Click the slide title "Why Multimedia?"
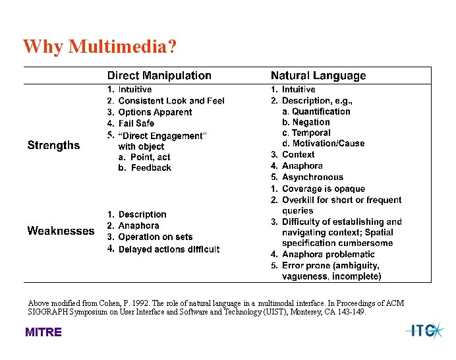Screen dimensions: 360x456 (x=100, y=47)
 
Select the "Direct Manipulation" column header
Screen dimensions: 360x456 (x=159, y=76)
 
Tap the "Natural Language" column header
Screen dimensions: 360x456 (x=318, y=76)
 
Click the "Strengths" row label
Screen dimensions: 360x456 (x=53, y=145)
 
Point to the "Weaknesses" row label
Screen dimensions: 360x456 (x=61, y=231)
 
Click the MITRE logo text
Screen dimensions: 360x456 (x=43, y=332)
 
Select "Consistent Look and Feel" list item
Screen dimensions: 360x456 (x=171, y=101)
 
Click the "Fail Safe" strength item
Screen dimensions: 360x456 (x=136, y=123)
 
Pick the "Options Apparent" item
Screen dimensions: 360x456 (x=155, y=112)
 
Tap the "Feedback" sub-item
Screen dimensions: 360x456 (x=151, y=168)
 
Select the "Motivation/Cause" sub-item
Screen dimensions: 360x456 (x=328, y=143)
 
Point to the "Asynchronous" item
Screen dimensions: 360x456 (x=312, y=177)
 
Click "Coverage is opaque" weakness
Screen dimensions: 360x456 (x=323, y=189)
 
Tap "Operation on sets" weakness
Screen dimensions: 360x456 (x=156, y=237)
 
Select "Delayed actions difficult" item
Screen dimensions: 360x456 (x=169, y=249)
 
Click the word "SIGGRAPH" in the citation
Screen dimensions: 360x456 (x=50, y=312)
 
